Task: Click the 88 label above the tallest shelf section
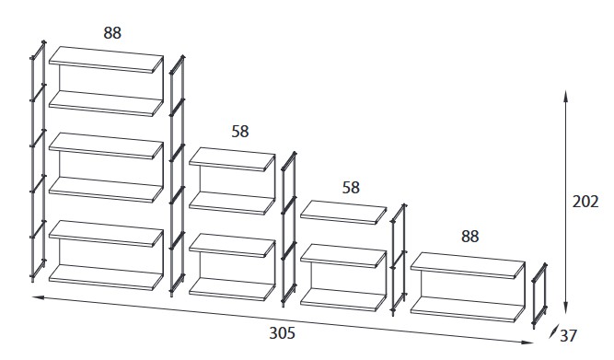click(x=112, y=33)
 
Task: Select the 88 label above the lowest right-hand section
click(x=469, y=237)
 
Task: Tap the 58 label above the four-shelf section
click(x=240, y=132)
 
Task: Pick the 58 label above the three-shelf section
click(x=351, y=187)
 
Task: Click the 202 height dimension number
click(x=585, y=202)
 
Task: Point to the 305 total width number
click(x=294, y=332)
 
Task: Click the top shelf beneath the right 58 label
click(x=343, y=211)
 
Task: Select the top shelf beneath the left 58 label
click(x=232, y=160)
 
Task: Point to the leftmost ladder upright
click(x=37, y=161)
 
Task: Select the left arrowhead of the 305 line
click(x=37, y=297)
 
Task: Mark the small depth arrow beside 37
click(x=554, y=332)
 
